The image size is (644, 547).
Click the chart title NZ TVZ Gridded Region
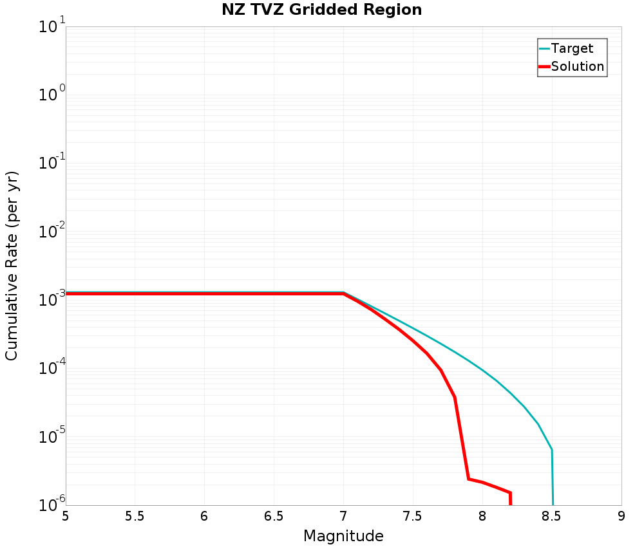point(322,10)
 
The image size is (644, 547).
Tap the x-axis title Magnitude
point(343,536)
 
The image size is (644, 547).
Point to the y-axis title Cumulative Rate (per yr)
point(12,266)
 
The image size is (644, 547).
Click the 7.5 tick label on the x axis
point(412,516)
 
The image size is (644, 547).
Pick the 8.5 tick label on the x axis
point(551,516)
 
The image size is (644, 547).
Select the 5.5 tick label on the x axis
point(135,516)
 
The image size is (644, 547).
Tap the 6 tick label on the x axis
point(204,516)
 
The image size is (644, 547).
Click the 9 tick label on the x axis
point(621,516)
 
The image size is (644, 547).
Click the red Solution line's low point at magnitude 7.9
point(468,479)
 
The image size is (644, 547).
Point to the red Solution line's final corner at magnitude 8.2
point(510,493)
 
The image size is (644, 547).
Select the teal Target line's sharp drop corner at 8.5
point(552,449)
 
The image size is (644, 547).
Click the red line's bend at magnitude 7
point(343,293)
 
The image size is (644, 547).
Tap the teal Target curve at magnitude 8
point(482,369)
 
